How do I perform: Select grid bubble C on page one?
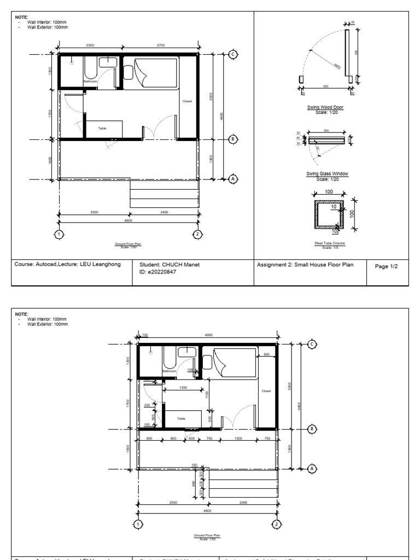[x=234, y=54]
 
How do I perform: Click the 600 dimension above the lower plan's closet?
[x=266, y=354]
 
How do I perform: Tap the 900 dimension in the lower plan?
[x=149, y=439]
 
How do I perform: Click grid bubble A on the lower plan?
[x=312, y=469]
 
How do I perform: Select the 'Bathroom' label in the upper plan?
[x=90, y=81]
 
